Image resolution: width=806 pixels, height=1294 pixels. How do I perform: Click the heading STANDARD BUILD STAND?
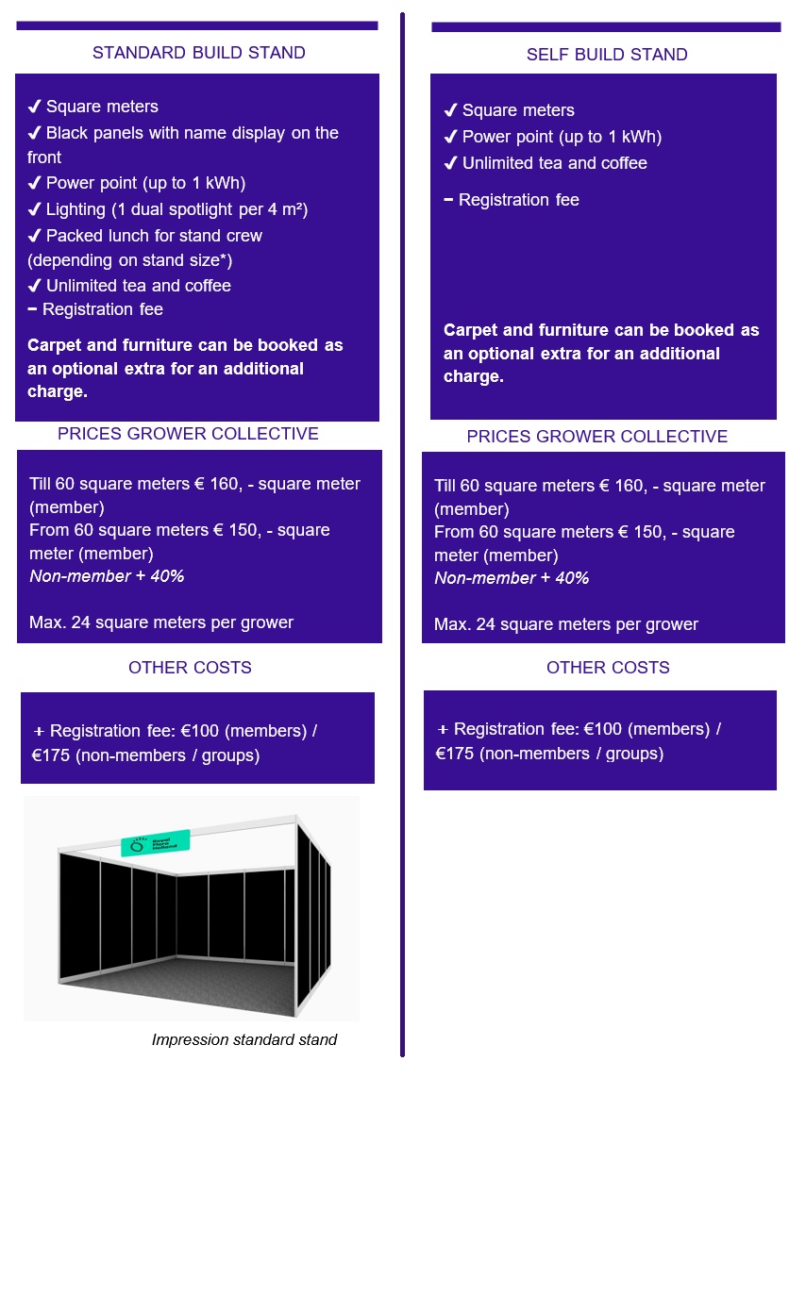coord(198,53)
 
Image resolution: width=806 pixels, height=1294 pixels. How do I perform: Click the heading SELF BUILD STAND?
coord(607,55)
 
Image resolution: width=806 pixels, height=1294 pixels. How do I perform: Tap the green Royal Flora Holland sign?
coord(156,842)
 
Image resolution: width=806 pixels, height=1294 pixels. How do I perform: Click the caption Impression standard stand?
coord(243,1039)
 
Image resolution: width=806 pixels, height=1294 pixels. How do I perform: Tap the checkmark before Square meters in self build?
coord(450,110)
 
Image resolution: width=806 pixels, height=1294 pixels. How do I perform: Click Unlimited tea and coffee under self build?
coord(554,163)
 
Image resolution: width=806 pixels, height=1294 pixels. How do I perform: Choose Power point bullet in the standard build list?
coord(145,183)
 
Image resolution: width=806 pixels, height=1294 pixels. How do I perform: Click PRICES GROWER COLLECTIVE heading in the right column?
coord(596,437)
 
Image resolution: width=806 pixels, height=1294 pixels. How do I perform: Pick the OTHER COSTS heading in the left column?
coord(190,668)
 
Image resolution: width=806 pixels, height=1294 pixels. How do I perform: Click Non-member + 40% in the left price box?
coord(107,575)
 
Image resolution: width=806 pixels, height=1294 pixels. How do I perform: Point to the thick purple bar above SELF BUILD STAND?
coord(606,27)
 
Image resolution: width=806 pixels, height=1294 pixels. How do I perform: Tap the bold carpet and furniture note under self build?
coord(601,354)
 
